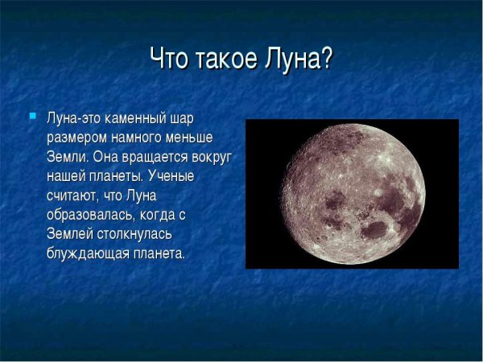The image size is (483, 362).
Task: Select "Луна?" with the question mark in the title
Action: click(x=298, y=60)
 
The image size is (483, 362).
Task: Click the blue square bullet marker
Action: click(x=33, y=117)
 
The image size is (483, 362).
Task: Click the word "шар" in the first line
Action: click(x=180, y=118)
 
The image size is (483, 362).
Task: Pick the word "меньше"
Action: click(x=188, y=138)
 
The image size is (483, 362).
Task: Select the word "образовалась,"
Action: click(x=89, y=215)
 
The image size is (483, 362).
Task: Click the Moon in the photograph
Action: click(x=352, y=193)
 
